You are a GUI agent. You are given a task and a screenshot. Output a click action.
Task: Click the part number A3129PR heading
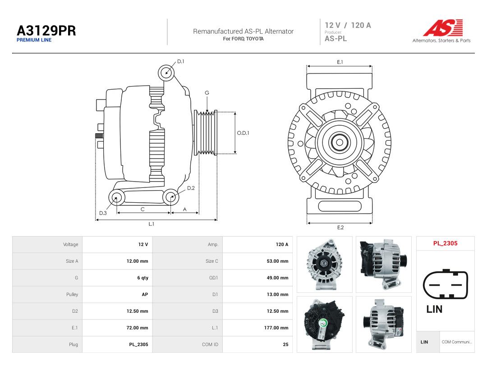[x=46, y=31]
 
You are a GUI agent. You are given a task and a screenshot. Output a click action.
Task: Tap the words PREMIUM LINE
[x=34, y=40]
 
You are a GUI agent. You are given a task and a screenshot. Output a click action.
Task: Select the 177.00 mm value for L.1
[x=276, y=328]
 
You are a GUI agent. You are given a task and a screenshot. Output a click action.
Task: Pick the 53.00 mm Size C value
[x=277, y=261]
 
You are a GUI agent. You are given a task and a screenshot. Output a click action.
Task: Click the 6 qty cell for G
[x=142, y=278]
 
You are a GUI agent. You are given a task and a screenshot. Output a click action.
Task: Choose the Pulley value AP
[x=145, y=295]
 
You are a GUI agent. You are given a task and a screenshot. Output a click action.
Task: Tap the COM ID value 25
[x=285, y=345]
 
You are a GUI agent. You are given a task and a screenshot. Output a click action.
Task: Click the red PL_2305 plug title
[x=446, y=243]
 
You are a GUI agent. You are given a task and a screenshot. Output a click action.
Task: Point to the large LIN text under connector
[x=434, y=309]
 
